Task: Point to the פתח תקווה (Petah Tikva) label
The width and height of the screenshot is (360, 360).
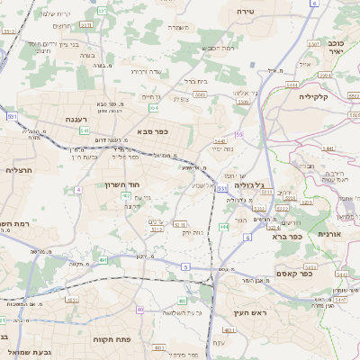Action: pyautogui.click(x=112, y=339)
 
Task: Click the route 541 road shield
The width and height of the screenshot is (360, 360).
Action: pyautogui.click(x=84, y=131)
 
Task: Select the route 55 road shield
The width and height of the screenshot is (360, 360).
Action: pyautogui.click(x=239, y=134)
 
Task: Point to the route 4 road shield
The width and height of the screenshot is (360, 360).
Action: pyautogui.click(x=78, y=190)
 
